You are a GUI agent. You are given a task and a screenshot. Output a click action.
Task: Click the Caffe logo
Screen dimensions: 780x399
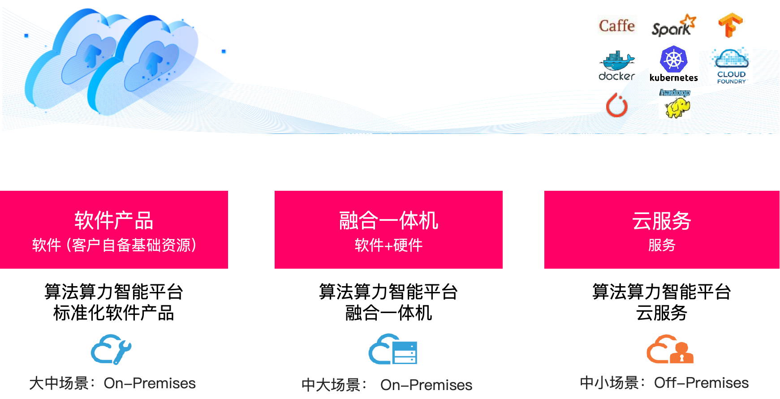pyautogui.click(x=617, y=26)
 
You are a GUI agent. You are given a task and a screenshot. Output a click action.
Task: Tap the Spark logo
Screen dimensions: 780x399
pyautogui.click(x=674, y=26)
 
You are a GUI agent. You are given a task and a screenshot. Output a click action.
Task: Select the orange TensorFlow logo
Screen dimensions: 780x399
pyautogui.click(x=730, y=25)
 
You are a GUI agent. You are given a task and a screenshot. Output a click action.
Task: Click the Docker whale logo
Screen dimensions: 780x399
pyautogui.click(x=617, y=65)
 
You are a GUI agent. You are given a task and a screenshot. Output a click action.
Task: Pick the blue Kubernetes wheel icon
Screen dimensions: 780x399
pyautogui.click(x=673, y=59)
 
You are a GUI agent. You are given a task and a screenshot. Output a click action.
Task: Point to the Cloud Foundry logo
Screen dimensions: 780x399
pyautogui.click(x=730, y=65)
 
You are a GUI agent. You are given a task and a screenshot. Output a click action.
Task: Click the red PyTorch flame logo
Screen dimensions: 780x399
pyautogui.click(x=617, y=105)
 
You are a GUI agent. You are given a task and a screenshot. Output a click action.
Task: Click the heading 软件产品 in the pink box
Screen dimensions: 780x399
pyautogui.click(x=114, y=220)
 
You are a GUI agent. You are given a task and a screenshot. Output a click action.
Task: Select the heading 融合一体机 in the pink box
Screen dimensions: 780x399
pyautogui.click(x=388, y=220)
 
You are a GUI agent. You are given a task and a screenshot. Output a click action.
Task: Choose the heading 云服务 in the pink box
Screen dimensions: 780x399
pyautogui.click(x=662, y=220)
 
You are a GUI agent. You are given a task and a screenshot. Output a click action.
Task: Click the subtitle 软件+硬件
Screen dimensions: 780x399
pyautogui.click(x=388, y=245)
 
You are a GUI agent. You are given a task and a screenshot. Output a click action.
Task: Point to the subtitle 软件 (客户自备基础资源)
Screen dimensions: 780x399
pyautogui.click(x=114, y=245)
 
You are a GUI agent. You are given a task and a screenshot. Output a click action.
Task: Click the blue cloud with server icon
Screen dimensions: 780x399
pyautogui.click(x=393, y=349)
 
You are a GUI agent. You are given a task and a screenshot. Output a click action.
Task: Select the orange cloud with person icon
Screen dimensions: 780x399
pyautogui.click(x=670, y=349)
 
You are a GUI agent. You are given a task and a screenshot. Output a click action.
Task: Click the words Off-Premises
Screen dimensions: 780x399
pyautogui.click(x=701, y=383)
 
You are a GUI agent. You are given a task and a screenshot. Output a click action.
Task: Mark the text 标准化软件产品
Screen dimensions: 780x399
pyautogui.click(x=114, y=313)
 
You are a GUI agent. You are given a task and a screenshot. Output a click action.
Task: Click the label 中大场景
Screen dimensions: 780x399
pyautogui.click(x=331, y=385)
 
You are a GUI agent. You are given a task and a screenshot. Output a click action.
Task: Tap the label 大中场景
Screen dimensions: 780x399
pyautogui.click(x=59, y=383)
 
